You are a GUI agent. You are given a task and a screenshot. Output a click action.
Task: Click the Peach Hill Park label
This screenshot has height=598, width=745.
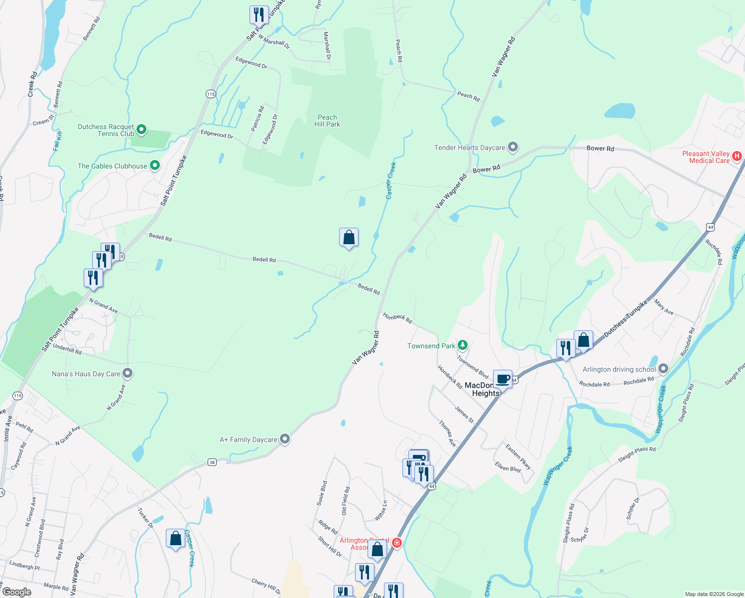[x=327, y=121]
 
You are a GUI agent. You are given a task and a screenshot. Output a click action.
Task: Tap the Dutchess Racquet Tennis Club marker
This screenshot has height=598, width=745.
[x=141, y=130]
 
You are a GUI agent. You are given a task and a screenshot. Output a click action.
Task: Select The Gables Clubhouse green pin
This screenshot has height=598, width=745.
[x=155, y=165]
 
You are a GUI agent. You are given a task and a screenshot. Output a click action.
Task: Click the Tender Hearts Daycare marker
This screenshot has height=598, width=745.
[x=513, y=147]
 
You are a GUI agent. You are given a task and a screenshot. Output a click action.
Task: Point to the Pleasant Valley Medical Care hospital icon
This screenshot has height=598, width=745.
[x=738, y=156]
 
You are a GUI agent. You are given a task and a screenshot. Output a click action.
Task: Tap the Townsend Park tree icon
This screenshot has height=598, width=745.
[x=463, y=345]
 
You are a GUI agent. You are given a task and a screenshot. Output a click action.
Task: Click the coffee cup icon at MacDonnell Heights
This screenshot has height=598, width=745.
[x=503, y=379]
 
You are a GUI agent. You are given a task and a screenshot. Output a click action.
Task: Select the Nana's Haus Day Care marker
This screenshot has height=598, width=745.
[x=127, y=373]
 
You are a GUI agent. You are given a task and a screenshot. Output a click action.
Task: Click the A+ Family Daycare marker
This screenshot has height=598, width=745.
[x=285, y=439]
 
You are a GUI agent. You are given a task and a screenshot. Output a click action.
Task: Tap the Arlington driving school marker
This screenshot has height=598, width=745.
[x=663, y=369]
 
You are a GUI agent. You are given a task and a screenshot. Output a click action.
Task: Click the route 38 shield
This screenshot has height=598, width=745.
[x=212, y=462]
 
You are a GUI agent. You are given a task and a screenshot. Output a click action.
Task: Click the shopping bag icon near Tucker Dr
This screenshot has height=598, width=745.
[x=175, y=538]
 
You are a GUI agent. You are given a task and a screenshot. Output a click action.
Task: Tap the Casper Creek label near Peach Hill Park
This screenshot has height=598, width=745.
[x=391, y=180]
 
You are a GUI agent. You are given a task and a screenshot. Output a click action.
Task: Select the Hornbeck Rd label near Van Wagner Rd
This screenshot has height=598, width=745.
[x=397, y=317]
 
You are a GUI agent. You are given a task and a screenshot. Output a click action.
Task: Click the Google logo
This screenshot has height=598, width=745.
[x=16, y=592]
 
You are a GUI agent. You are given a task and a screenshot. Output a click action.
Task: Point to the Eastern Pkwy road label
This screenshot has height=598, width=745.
[x=518, y=456]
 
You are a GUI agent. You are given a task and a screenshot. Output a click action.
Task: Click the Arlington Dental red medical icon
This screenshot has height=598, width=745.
[x=397, y=543]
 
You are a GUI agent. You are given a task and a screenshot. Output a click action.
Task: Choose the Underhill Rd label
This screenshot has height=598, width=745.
[x=67, y=349]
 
